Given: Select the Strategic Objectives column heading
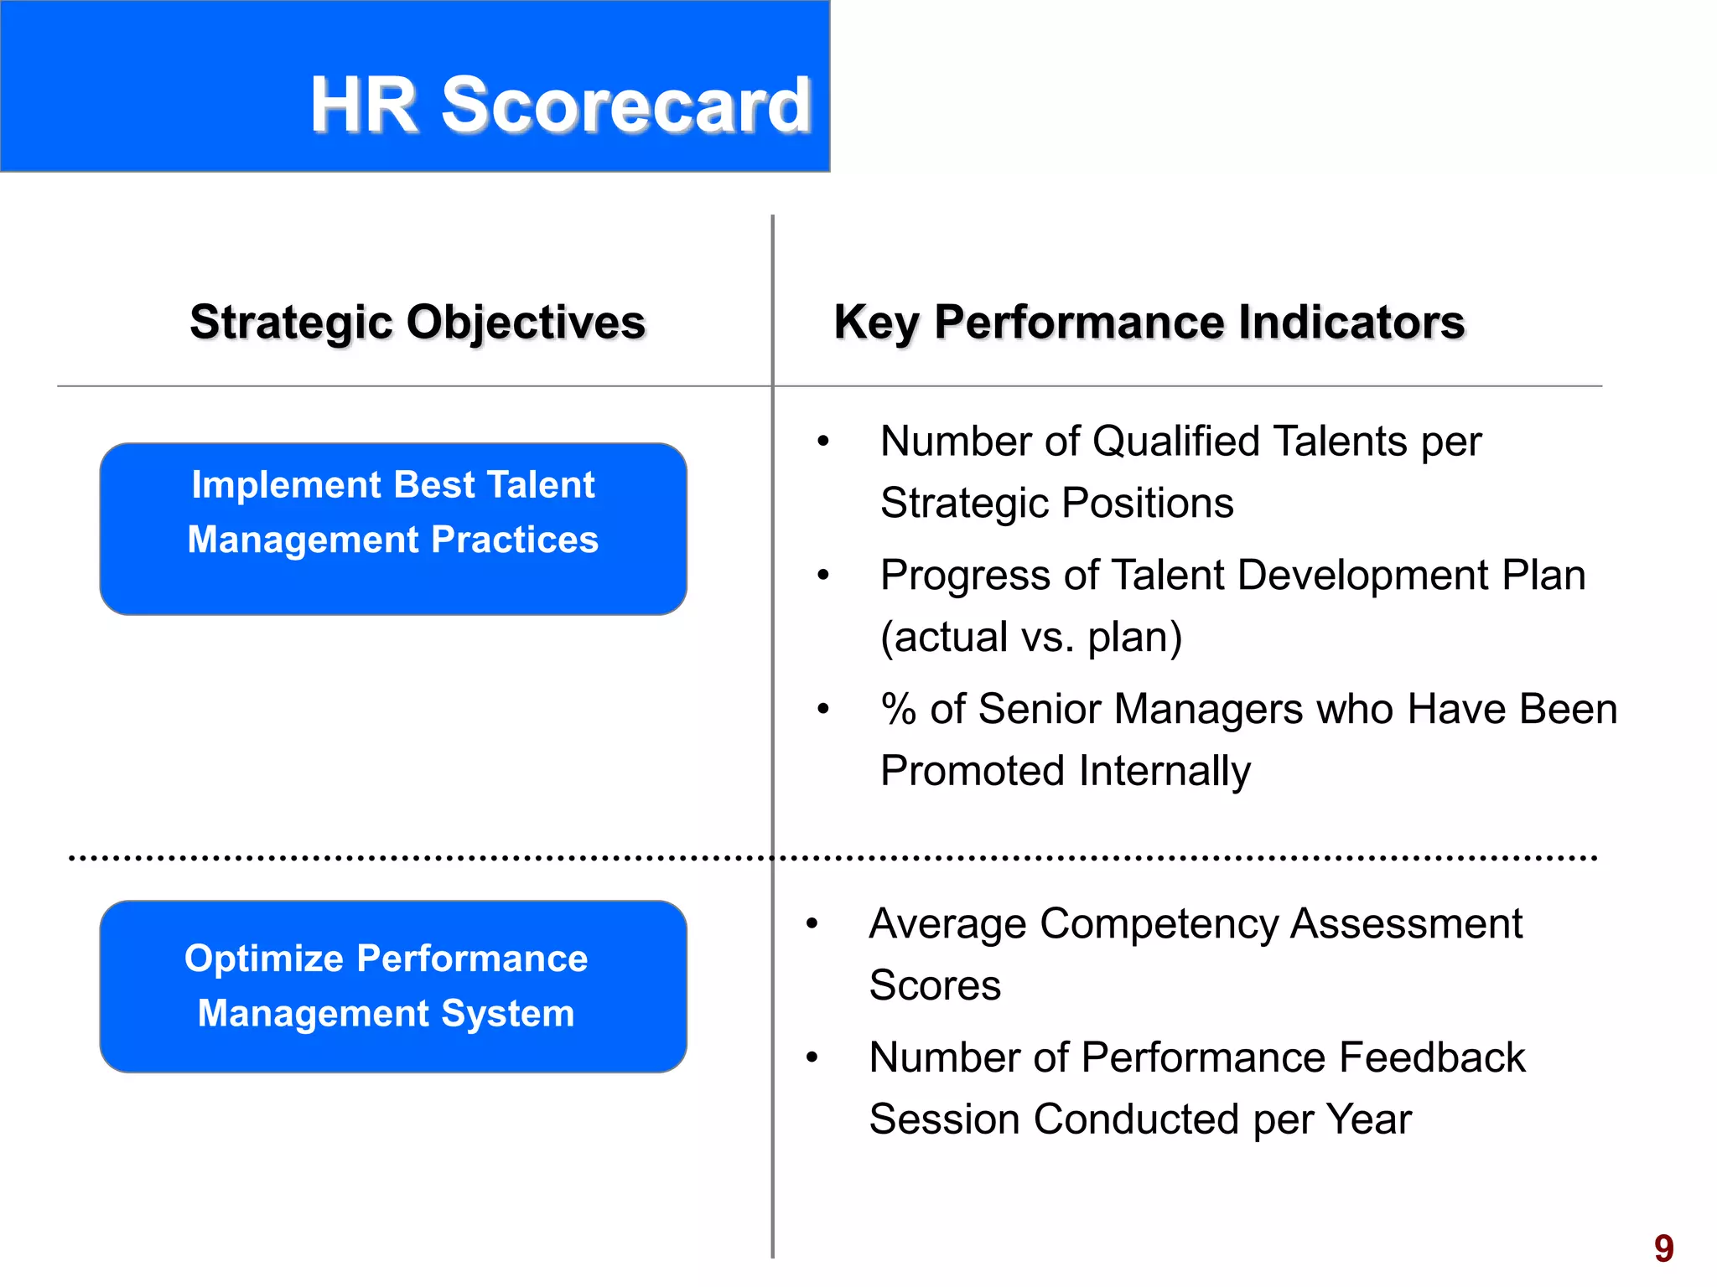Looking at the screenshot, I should [x=418, y=323].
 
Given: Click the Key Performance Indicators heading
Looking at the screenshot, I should [x=1149, y=323].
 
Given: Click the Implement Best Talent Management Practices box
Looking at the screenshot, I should [x=393, y=529].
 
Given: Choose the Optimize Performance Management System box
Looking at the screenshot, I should [x=393, y=986].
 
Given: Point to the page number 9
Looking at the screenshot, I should [x=1663, y=1248].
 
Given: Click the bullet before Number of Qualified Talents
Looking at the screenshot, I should [x=823, y=442].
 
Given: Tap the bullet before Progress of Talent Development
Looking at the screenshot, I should [x=823, y=576].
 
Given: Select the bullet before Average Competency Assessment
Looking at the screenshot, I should [x=812, y=924].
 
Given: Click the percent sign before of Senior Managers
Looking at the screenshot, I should [x=898, y=710].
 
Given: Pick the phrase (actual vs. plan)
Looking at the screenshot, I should [x=1031, y=638].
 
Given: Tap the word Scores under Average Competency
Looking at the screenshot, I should [x=935, y=985].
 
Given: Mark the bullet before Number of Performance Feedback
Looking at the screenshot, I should [x=812, y=1058].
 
